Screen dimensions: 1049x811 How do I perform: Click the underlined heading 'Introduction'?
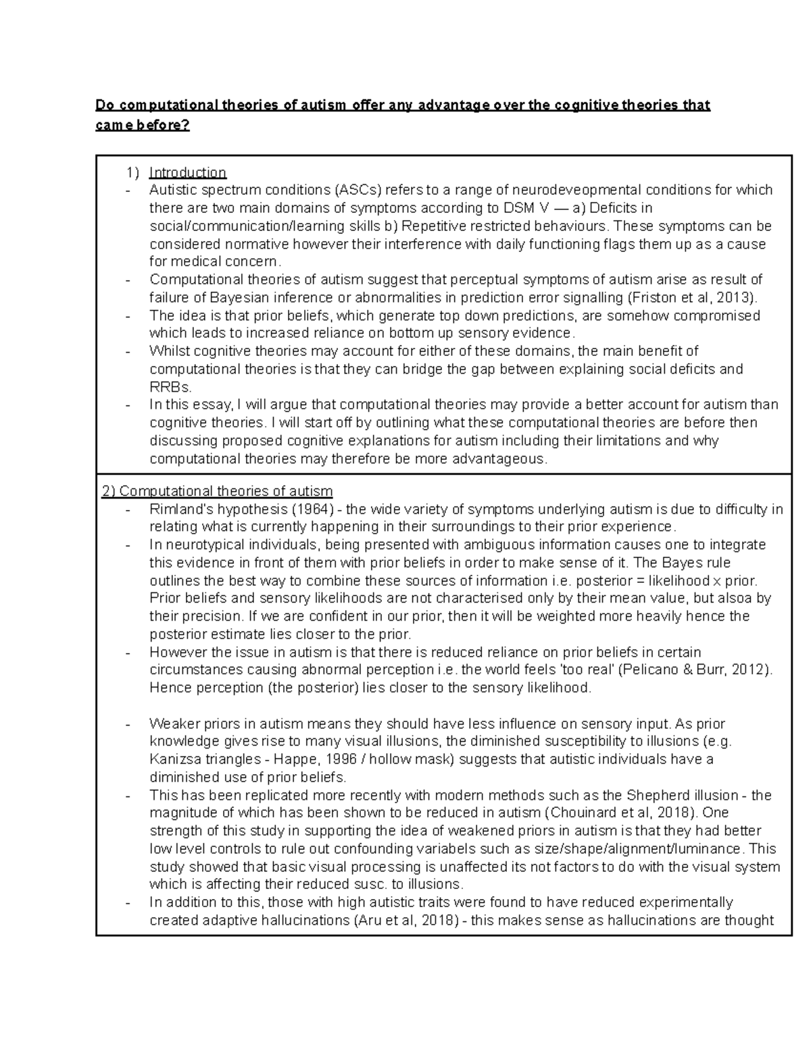(187, 172)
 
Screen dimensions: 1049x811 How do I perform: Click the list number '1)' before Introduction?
(132, 172)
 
